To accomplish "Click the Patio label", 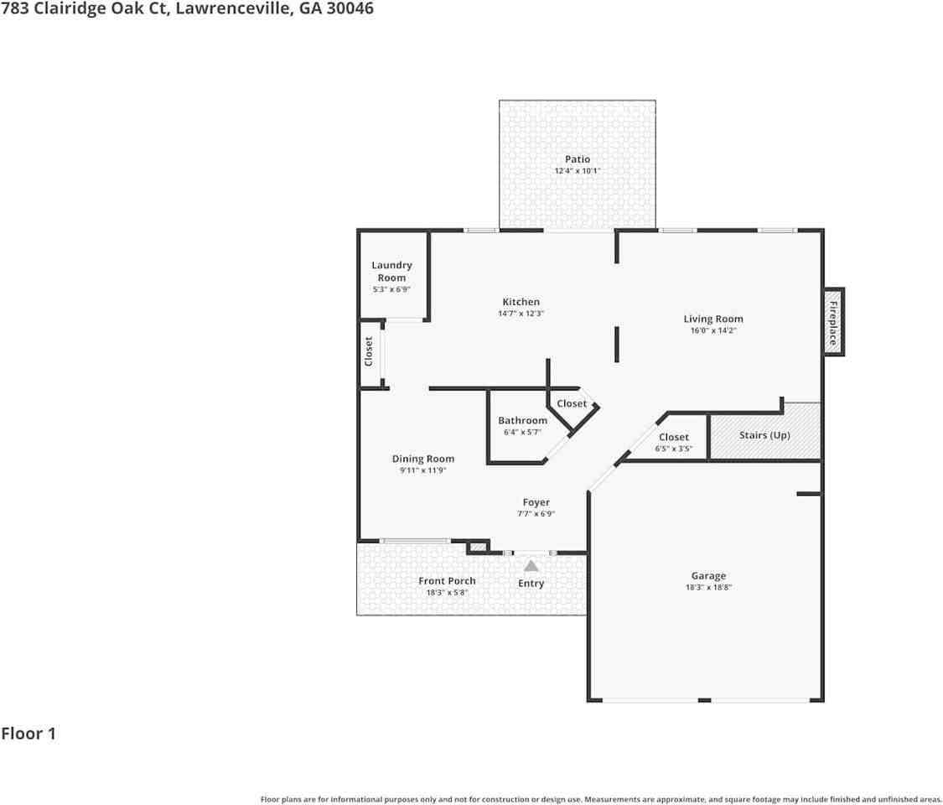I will click(577, 159).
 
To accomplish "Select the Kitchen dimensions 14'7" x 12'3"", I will click(521, 314).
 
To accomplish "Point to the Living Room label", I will click(712, 319).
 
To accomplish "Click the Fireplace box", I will click(833, 322).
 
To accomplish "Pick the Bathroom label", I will click(522, 421).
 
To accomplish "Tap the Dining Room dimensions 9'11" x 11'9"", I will click(423, 470).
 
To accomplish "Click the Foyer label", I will click(536, 502).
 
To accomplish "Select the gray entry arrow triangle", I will click(531, 566).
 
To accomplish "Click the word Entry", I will click(531, 584).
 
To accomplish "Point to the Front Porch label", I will click(447, 580).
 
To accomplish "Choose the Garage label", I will click(708, 575).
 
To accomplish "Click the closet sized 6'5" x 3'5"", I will click(673, 442).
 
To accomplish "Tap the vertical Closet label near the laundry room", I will click(369, 351).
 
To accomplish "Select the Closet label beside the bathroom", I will click(572, 404).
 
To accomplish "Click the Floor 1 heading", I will click(28, 734).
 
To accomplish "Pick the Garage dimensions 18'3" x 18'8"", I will click(708, 588).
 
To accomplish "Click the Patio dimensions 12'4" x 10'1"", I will click(577, 171).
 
